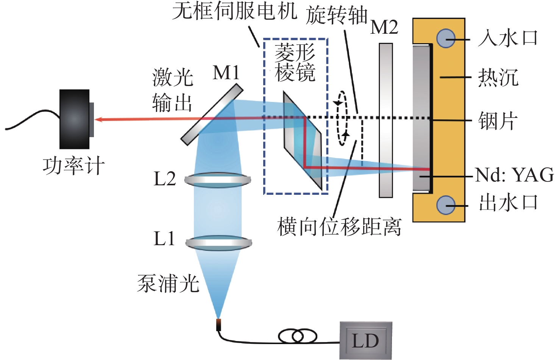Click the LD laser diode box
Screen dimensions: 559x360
(365, 341)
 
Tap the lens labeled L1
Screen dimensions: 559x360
(219, 243)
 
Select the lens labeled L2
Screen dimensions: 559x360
(218, 180)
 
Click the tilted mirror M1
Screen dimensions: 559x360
(212, 114)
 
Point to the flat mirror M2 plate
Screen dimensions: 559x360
(386, 121)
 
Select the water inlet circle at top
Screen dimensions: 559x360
(446, 38)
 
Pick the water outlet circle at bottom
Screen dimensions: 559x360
(446, 205)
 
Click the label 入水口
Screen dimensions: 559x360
(507, 38)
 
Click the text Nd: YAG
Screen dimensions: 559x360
(514, 175)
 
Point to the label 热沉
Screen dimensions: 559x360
(498, 78)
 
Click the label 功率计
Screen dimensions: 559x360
(73, 166)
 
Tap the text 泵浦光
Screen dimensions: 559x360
(168, 283)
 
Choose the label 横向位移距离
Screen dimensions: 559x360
(339, 227)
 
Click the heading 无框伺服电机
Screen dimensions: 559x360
(235, 11)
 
